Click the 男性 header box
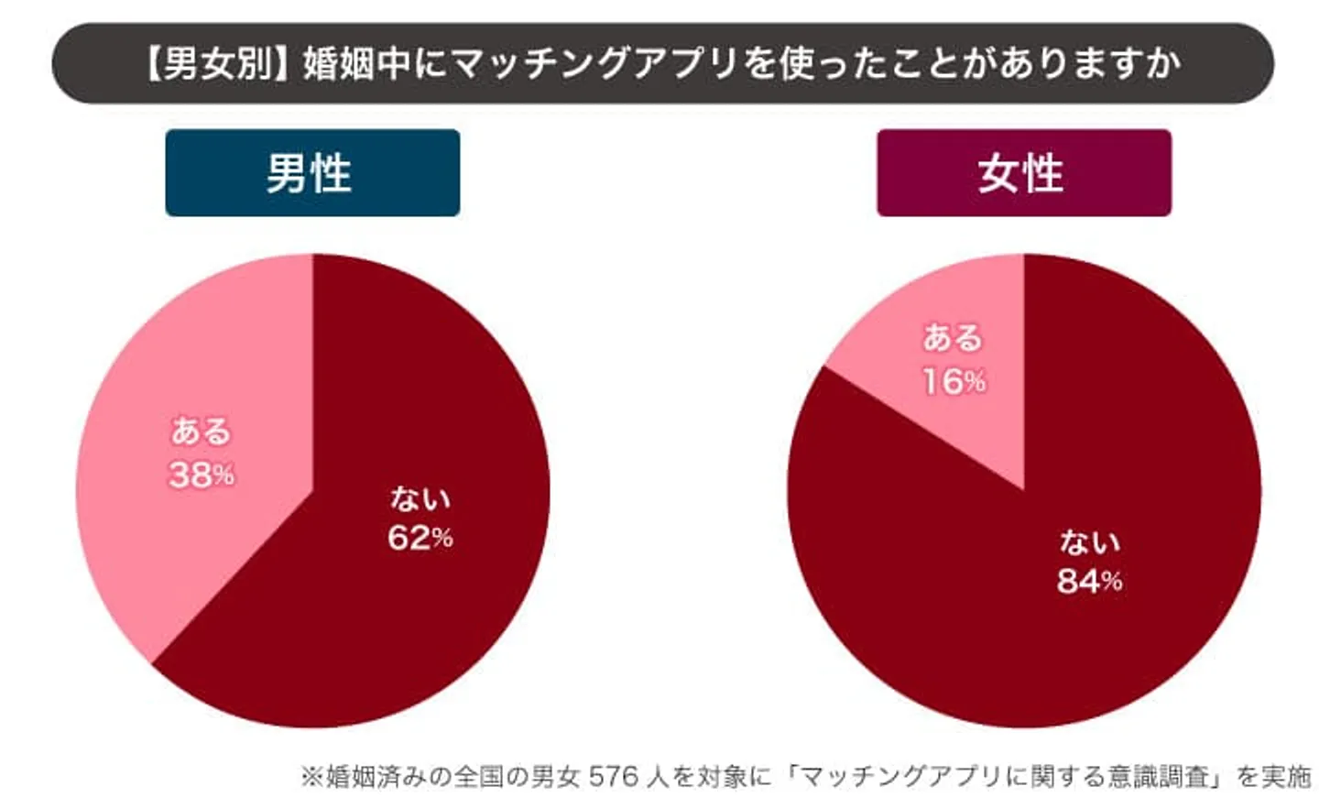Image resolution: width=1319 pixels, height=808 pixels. point(312,173)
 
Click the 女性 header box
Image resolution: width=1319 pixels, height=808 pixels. point(1023,173)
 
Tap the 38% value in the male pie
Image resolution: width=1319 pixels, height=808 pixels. point(202,475)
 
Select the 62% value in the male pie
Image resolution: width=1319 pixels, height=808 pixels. point(420,538)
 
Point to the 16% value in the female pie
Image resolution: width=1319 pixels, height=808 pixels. point(954,381)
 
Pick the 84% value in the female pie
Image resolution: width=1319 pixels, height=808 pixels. point(1089,581)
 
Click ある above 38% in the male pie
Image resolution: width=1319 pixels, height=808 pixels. point(202,431)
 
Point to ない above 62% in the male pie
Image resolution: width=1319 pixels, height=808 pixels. point(420,498)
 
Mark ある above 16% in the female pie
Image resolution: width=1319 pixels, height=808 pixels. point(953,338)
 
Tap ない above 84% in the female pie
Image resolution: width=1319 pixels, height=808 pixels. point(1089,542)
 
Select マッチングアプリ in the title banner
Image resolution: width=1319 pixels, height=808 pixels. point(596,64)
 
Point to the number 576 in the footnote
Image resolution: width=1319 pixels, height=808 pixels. point(613,777)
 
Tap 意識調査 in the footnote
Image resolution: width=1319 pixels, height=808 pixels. point(1144,777)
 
